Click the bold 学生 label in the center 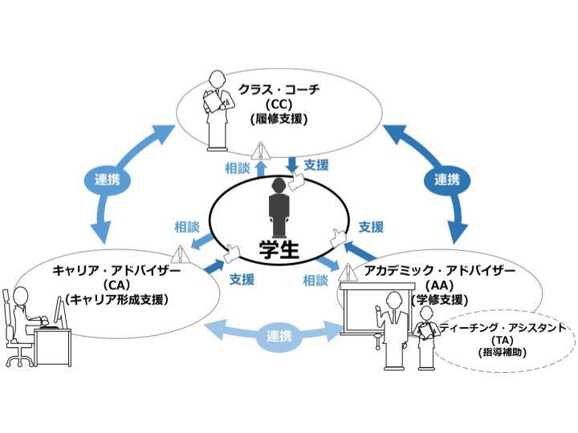click(x=279, y=249)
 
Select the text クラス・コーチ click(x=278, y=89)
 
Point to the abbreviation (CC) click(x=278, y=104)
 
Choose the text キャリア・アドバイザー click(x=117, y=270)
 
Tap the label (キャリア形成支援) click(x=117, y=300)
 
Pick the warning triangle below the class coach click(x=259, y=150)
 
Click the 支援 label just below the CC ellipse click(x=316, y=165)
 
